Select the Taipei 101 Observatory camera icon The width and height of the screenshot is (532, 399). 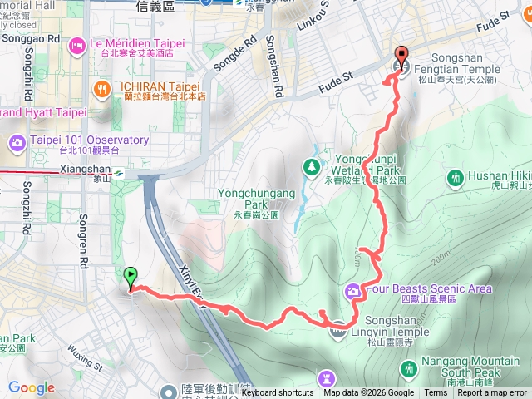tap(17, 145)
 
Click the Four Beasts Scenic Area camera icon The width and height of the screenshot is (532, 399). tap(353, 290)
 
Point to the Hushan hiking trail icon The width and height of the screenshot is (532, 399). tap(455, 176)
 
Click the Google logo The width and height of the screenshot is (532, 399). tap(31, 387)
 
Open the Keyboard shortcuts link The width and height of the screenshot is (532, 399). tap(278, 393)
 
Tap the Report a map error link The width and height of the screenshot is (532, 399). tap(492, 393)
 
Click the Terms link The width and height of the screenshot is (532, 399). tap(435, 393)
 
